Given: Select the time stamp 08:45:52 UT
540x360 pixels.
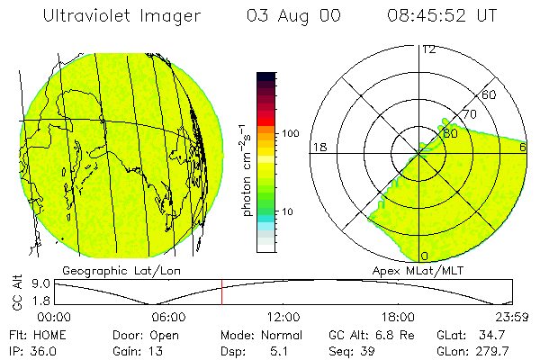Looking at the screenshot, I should tap(441, 16).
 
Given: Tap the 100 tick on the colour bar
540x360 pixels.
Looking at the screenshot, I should tap(291, 133).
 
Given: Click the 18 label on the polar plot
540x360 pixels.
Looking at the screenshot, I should tap(318, 147).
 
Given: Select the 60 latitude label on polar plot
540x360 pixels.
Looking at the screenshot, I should tap(490, 94).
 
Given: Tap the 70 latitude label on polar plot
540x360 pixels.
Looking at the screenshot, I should tap(468, 115).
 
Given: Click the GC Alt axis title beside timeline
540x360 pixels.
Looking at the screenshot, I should tap(16, 292).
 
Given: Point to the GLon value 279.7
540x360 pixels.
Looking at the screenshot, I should tap(494, 350).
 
